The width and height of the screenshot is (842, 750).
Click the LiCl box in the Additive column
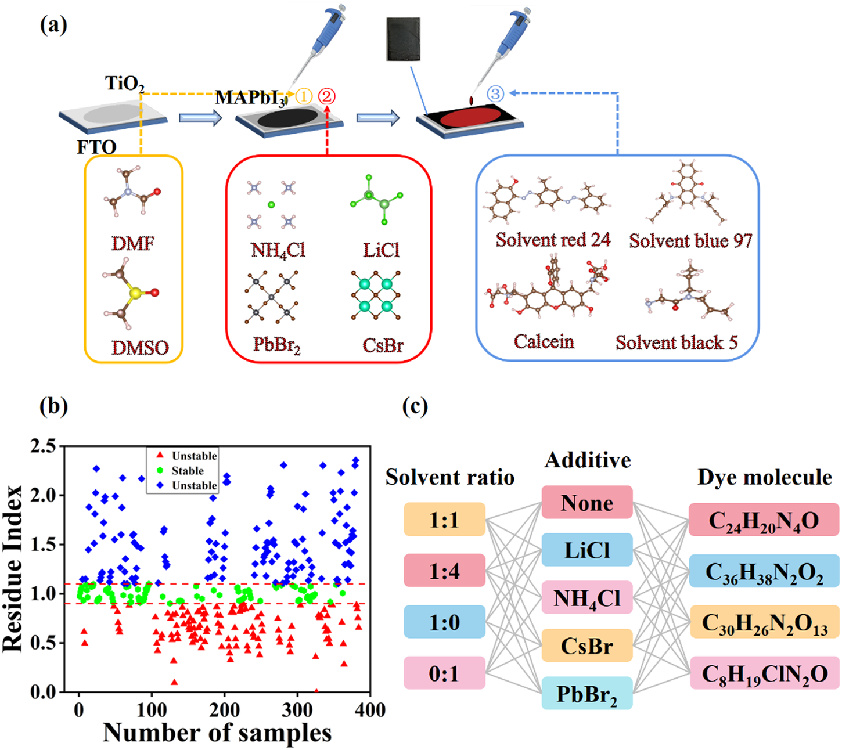point(586,550)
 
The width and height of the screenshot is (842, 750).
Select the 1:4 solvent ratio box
point(444,571)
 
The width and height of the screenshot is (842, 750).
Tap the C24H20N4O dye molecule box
point(764,520)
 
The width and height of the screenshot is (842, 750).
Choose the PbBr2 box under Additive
point(586,694)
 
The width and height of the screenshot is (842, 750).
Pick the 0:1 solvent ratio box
point(444,673)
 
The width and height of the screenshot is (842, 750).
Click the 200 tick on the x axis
point(224,710)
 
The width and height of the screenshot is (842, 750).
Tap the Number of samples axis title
point(217,733)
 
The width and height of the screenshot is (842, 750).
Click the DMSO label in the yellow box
point(140,348)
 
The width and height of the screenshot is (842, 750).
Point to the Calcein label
point(544,341)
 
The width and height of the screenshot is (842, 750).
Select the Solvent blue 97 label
point(690,240)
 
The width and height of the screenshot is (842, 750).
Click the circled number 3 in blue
point(495,93)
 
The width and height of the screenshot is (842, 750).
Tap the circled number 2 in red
point(327,96)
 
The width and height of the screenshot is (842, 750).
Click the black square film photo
point(411,38)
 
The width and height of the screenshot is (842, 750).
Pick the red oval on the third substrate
point(469,117)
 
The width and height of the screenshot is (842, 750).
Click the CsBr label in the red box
point(383,345)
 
